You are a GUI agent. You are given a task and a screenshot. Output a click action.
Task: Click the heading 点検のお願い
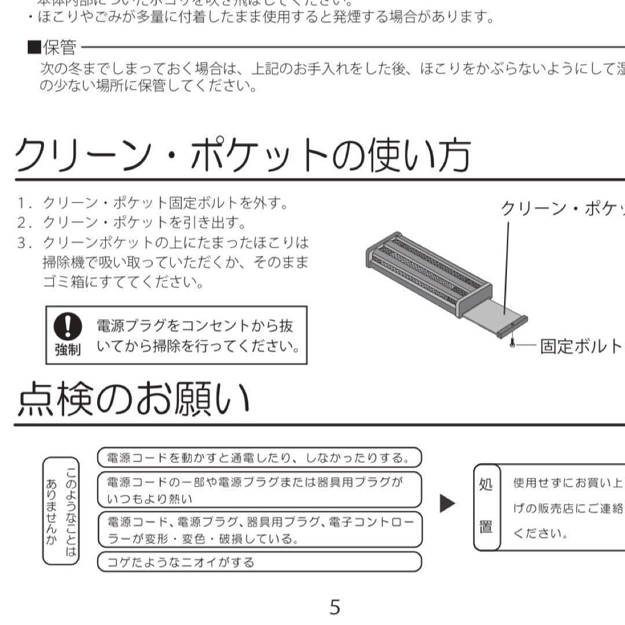134,399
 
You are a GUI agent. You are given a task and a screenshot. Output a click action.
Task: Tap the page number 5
334,606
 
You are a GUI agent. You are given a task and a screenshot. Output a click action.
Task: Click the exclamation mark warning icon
68,327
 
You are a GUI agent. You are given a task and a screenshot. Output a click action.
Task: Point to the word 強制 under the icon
68,350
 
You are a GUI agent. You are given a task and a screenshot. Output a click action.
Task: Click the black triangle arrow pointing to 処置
447,503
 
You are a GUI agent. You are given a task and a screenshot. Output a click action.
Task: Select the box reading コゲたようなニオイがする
259,562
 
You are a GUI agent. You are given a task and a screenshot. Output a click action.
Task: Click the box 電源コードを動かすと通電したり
259,458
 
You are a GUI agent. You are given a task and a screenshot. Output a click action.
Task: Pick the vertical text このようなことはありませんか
61,510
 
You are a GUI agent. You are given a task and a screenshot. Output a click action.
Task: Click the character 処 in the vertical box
486,484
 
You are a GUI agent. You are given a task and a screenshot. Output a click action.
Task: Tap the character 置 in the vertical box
486,528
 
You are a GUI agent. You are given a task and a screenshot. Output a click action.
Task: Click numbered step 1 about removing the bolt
153,203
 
